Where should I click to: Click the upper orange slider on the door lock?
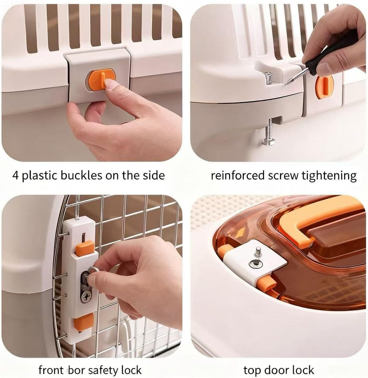(85, 248)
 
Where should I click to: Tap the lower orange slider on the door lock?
(83, 322)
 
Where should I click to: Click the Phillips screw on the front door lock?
(86, 297)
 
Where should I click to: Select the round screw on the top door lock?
(256, 264)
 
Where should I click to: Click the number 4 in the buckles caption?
(15, 175)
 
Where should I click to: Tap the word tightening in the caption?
(329, 176)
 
